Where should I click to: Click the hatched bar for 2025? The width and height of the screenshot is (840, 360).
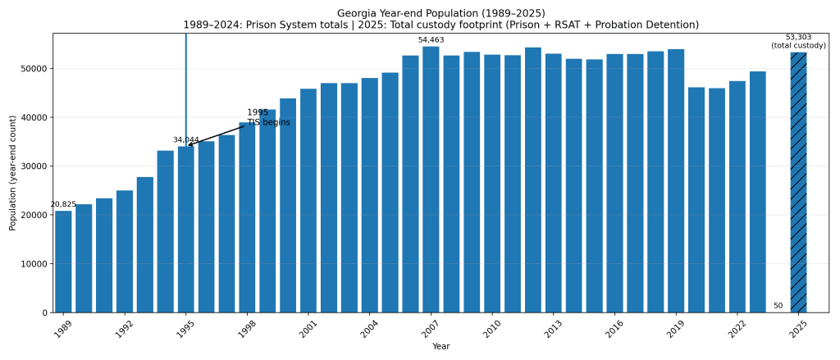(x=798, y=182)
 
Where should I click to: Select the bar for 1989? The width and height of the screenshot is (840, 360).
(x=63, y=262)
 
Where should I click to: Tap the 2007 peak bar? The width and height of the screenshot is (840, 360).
(x=431, y=180)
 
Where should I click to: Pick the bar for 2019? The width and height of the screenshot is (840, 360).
(x=676, y=180)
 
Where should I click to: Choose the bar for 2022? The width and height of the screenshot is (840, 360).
(x=737, y=197)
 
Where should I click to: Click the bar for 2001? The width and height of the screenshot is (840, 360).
(x=308, y=201)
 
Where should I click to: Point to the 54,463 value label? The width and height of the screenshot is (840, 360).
(x=431, y=40)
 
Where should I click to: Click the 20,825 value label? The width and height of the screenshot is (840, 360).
(x=63, y=205)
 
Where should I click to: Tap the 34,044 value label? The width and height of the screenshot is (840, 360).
(x=185, y=140)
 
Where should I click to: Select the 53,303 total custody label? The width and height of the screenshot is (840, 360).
(x=798, y=42)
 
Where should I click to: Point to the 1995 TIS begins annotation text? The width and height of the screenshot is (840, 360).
(x=268, y=118)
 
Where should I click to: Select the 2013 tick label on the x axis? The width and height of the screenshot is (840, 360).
(x=552, y=330)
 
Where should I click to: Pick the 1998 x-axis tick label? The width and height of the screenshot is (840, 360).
(x=246, y=330)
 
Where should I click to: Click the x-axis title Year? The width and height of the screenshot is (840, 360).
(x=441, y=347)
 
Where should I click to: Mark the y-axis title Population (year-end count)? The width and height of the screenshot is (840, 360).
(x=13, y=173)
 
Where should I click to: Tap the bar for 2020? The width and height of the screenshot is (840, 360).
(x=696, y=200)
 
